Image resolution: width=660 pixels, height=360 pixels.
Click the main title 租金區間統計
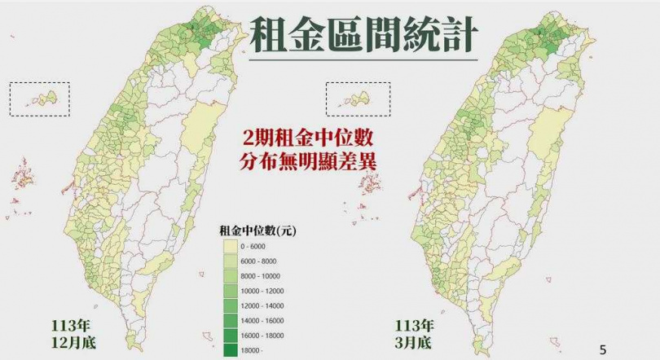point(362,35)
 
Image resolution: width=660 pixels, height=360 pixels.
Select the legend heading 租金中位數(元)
point(257,230)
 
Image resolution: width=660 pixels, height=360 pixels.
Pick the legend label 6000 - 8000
point(261,261)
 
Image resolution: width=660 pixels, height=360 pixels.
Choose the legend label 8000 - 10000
point(262,275)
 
